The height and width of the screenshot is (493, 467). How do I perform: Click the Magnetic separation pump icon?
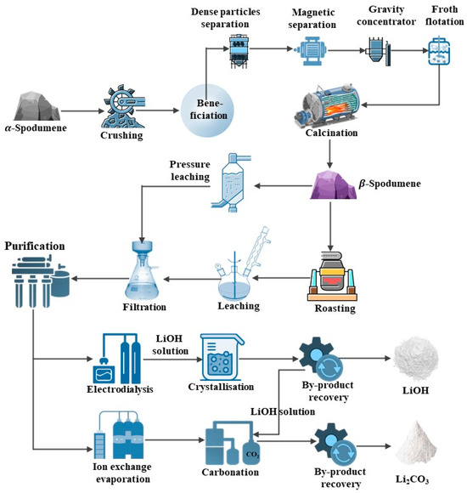(303, 54)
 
